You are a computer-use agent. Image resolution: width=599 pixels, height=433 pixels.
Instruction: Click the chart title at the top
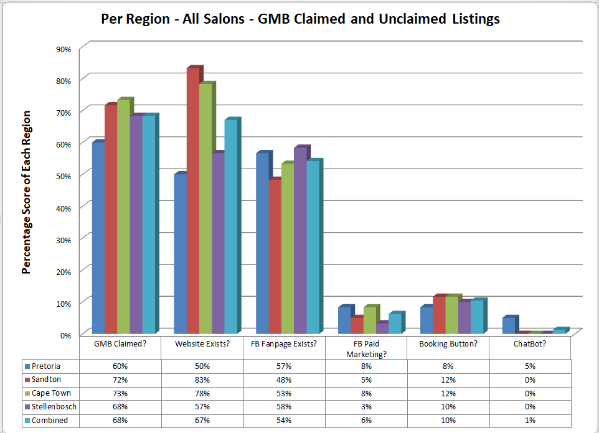[x=300, y=19]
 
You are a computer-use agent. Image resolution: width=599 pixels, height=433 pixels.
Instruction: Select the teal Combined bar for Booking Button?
[x=476, y=317]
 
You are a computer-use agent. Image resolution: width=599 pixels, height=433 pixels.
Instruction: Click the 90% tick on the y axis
[x=64, y=49]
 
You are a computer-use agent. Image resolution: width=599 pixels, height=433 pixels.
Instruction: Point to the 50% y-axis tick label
[x=64, y=175]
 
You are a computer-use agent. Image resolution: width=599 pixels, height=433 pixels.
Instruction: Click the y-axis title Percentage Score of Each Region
[x=26, y=192]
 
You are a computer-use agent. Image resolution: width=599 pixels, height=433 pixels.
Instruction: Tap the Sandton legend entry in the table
[x=49, y=379]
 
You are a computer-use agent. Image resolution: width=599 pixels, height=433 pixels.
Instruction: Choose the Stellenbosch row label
[x=52, y=406]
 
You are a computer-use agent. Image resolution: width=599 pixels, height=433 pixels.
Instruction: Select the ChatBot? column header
[x=529, y=343]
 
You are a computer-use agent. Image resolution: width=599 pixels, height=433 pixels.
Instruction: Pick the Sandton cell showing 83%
[x=202, y=379]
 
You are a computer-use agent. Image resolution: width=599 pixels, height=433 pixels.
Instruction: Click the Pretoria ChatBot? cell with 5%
[x=529, y=366]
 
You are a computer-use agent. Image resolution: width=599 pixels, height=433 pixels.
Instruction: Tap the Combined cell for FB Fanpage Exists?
[x=284, y=420]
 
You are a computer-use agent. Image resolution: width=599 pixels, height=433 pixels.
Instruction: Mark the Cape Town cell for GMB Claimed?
[x=120, y=393]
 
